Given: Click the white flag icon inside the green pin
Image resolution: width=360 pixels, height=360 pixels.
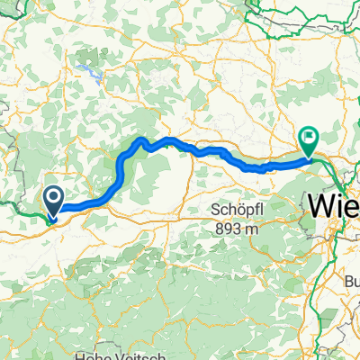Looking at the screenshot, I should coord(309,138).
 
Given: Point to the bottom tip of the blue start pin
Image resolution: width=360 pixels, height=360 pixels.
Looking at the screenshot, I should coord(53,216).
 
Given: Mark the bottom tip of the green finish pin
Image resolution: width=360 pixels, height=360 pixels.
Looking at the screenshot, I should coord(309,158).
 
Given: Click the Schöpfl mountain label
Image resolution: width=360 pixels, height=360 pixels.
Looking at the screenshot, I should coord(236,209).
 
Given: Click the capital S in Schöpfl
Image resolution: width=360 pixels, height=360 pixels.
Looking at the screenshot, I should coord(216,209).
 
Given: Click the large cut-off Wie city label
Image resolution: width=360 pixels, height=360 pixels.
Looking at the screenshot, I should coord(334,205).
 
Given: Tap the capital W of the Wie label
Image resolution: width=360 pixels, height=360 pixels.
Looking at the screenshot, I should coord(322,205).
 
